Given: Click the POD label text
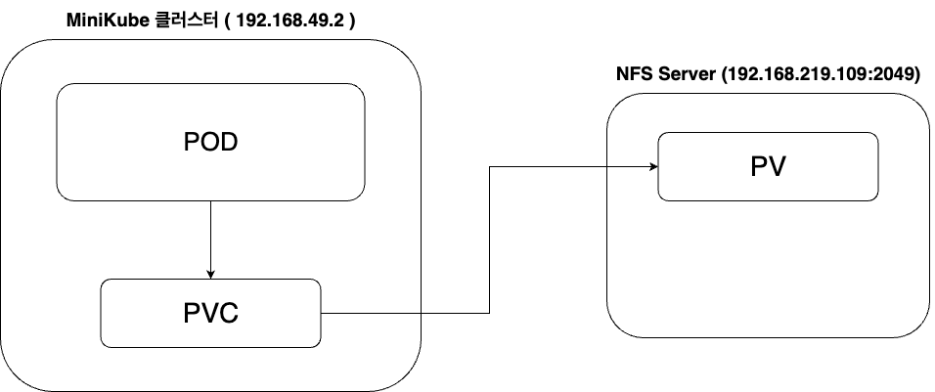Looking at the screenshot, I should pos(211,143).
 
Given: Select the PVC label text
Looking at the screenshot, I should pos(211,314).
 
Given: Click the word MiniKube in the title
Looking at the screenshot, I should pos(102,20).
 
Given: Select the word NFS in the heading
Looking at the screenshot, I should pos(633,74).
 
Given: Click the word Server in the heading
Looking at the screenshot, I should pos(685,74).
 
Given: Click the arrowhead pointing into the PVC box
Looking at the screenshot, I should pos(211,274).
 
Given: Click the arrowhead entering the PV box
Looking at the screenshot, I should pos(652,166).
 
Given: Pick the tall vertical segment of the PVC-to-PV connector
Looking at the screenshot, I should pos(489,240).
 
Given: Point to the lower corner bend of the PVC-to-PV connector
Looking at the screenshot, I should pos(489,314).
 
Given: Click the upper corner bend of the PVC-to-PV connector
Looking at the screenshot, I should pos(489,166).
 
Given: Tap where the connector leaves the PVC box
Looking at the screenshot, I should pos(323,314).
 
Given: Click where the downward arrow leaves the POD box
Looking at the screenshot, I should pos(211,202).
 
